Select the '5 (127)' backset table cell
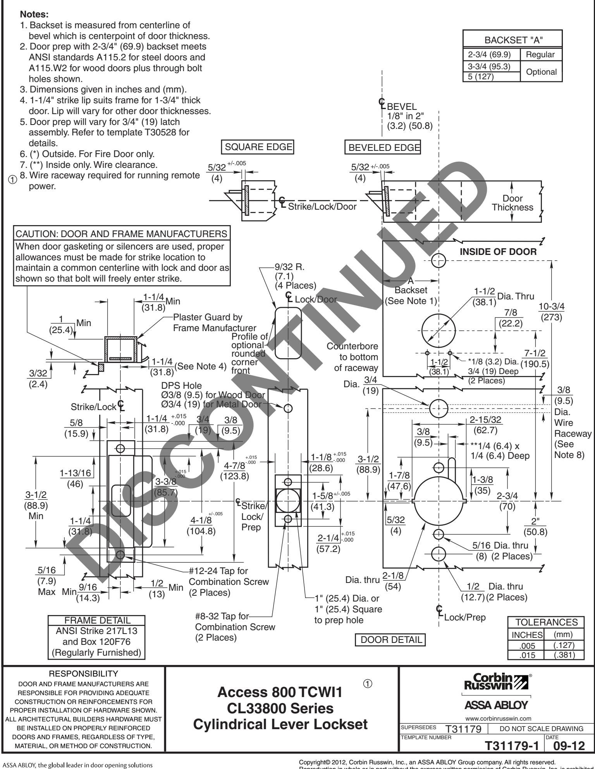tap(479, 77)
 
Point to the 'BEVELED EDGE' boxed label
tap(382, 147)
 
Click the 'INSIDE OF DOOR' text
tap(498, 252)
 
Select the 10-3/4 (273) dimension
tap(552, 311)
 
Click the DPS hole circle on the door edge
tap(288, 408)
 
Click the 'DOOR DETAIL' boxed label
tap(390, 640)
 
